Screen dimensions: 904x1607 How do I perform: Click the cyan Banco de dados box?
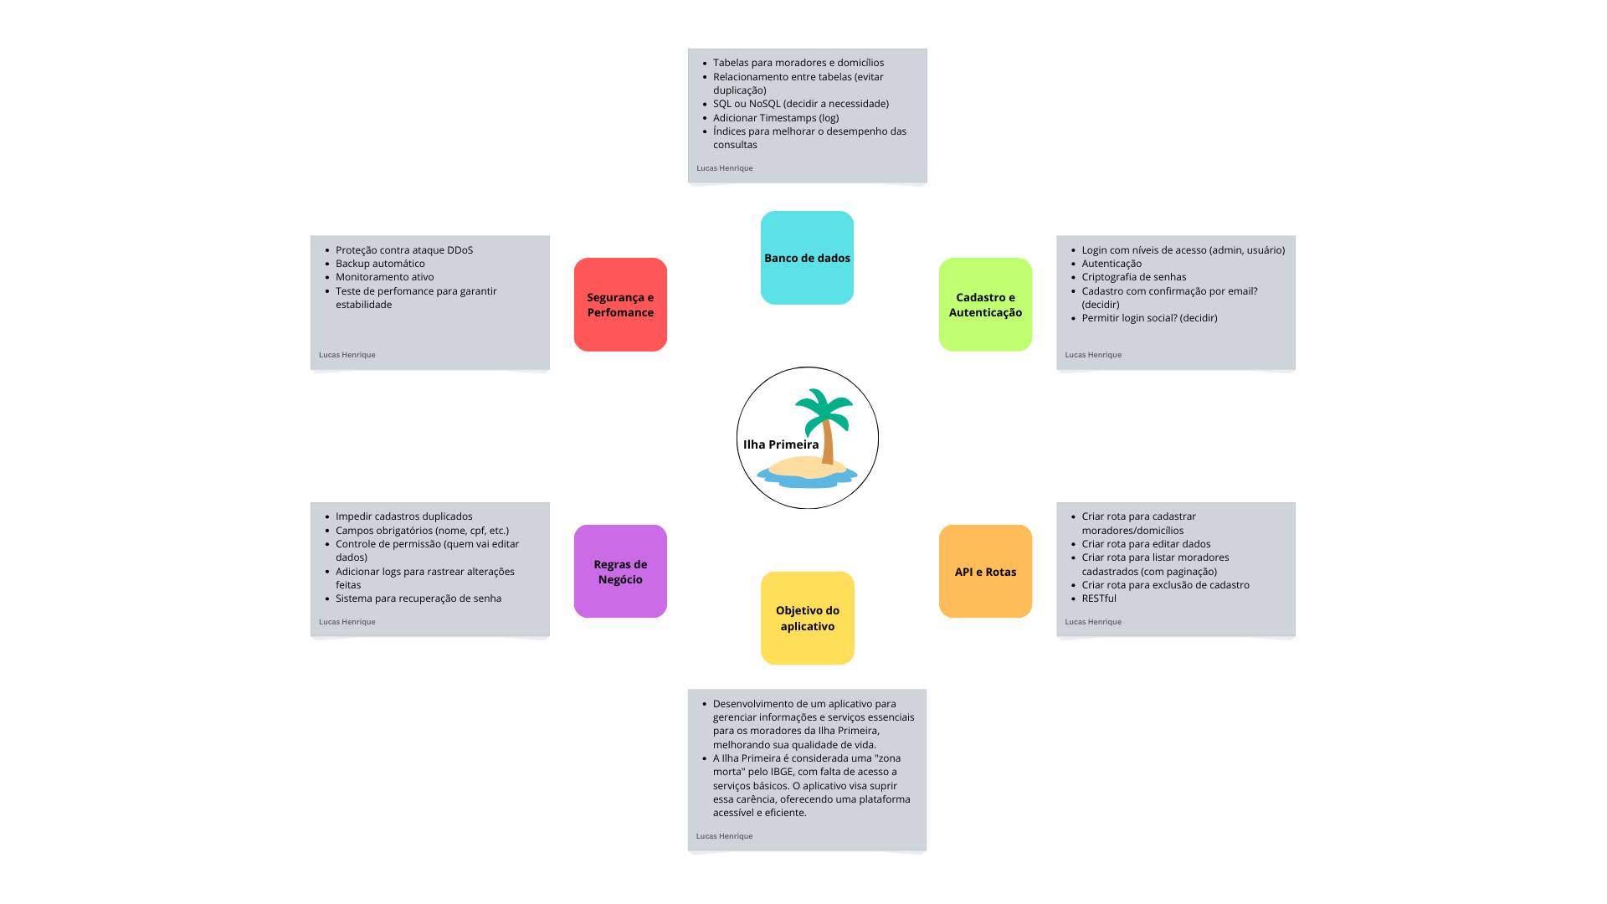tap(807, 258)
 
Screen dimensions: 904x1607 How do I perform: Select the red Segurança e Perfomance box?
tap(620, 305)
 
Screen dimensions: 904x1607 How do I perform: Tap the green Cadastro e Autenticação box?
tap(985, 305)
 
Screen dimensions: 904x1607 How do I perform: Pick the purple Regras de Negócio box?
tap(620, 572)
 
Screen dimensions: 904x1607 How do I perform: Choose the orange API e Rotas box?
tap(985, 572)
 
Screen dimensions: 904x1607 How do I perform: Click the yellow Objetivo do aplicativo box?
tap(807, 618)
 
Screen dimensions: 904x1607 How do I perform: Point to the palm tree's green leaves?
tap(824, 407)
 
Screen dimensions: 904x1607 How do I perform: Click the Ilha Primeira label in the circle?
tap(781, 444)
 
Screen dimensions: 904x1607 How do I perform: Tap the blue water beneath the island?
tap(807, 481)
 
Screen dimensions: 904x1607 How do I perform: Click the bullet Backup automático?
tap(380, 264)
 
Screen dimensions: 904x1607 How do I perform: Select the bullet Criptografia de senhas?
tap(1133, 277)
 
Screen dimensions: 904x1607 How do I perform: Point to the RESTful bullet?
tap(1099, 598)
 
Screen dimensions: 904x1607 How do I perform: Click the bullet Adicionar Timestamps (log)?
tap(776, 118)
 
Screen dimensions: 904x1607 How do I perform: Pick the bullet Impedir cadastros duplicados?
tap(403, 516)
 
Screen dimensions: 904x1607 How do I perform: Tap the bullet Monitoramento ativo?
tap(384, 277)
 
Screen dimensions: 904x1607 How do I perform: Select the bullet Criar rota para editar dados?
tap(1146, 544)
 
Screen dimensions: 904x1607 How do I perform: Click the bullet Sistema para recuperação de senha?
tap(418, 598)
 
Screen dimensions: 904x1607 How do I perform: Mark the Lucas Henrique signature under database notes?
tap(725, 168)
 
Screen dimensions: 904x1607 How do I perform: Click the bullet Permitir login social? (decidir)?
tap(1149, 318)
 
